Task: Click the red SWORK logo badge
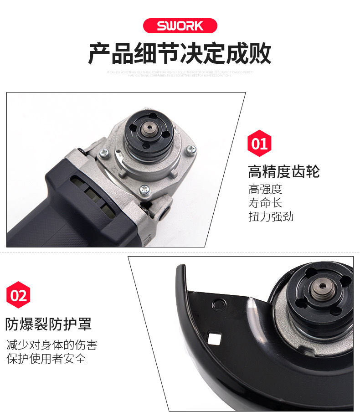(180, 25)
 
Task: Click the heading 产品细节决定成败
(180, 54)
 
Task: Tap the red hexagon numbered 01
(259, 144)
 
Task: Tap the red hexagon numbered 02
(18, 295)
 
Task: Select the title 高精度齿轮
(283, 172)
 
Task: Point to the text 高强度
(265, 189)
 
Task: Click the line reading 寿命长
(265, 203)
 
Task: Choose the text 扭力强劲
(271, 216)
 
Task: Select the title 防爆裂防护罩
(48, 324)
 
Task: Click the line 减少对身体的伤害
(51, 345)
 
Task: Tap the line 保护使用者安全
(46, 359)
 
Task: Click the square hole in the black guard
(212, 339)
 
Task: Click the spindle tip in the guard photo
(323, 287)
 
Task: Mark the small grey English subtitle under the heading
(180, 73)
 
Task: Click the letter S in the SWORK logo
(161, 26)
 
